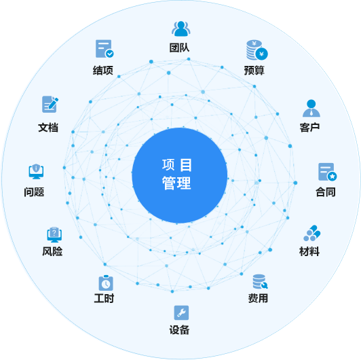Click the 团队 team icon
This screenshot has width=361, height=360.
[x=181, y=29]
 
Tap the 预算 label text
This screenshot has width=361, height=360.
[x=254, y=70]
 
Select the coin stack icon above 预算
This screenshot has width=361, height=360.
[x=256, y=50]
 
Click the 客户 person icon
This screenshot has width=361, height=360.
[x=311, y=108]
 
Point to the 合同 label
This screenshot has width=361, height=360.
[x=326, y=192]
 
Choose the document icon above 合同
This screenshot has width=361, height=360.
[x=327, y=172]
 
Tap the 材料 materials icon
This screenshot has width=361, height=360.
[x=312, y=233]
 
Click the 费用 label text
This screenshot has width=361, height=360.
[x=258, y=298]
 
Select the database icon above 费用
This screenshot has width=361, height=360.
[x=260, y=281]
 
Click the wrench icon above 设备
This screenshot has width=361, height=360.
[x=181, y=312]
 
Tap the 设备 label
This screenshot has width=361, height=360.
[x=179, y=330]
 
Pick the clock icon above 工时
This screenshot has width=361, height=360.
[x=106, y=283]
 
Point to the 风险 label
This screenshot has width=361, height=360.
[x=52, y=251]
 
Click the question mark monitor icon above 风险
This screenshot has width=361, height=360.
[x=54, y=234]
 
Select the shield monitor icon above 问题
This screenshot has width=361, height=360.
[x=36, y=171]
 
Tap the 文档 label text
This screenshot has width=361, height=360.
[x=48, y=128]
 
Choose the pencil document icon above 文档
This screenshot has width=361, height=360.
[x=50, y=104]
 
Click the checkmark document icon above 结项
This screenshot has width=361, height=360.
[x=104, y=49]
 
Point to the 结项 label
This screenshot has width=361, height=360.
[x=103, y=70]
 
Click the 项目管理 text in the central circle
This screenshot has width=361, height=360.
[x=177, y=175]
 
